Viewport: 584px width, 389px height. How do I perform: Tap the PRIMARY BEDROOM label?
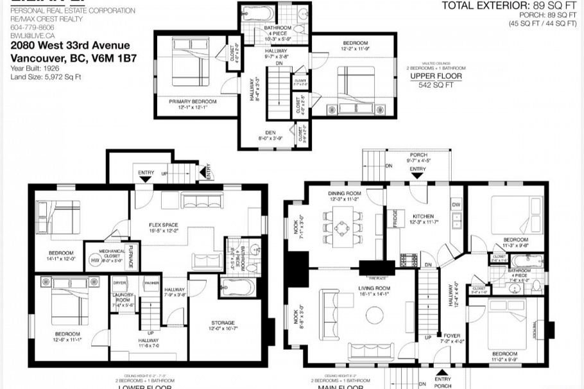coord(193,101)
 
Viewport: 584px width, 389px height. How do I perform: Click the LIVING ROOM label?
coord(374,289)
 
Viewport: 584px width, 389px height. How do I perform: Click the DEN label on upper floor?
coord(270,132)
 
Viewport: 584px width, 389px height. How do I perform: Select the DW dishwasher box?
coord(456,205)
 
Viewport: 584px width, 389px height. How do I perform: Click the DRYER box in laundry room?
coord(119,282)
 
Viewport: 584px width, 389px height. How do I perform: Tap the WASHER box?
coord(152,282)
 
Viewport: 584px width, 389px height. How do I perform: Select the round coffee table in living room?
coord(374,315)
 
